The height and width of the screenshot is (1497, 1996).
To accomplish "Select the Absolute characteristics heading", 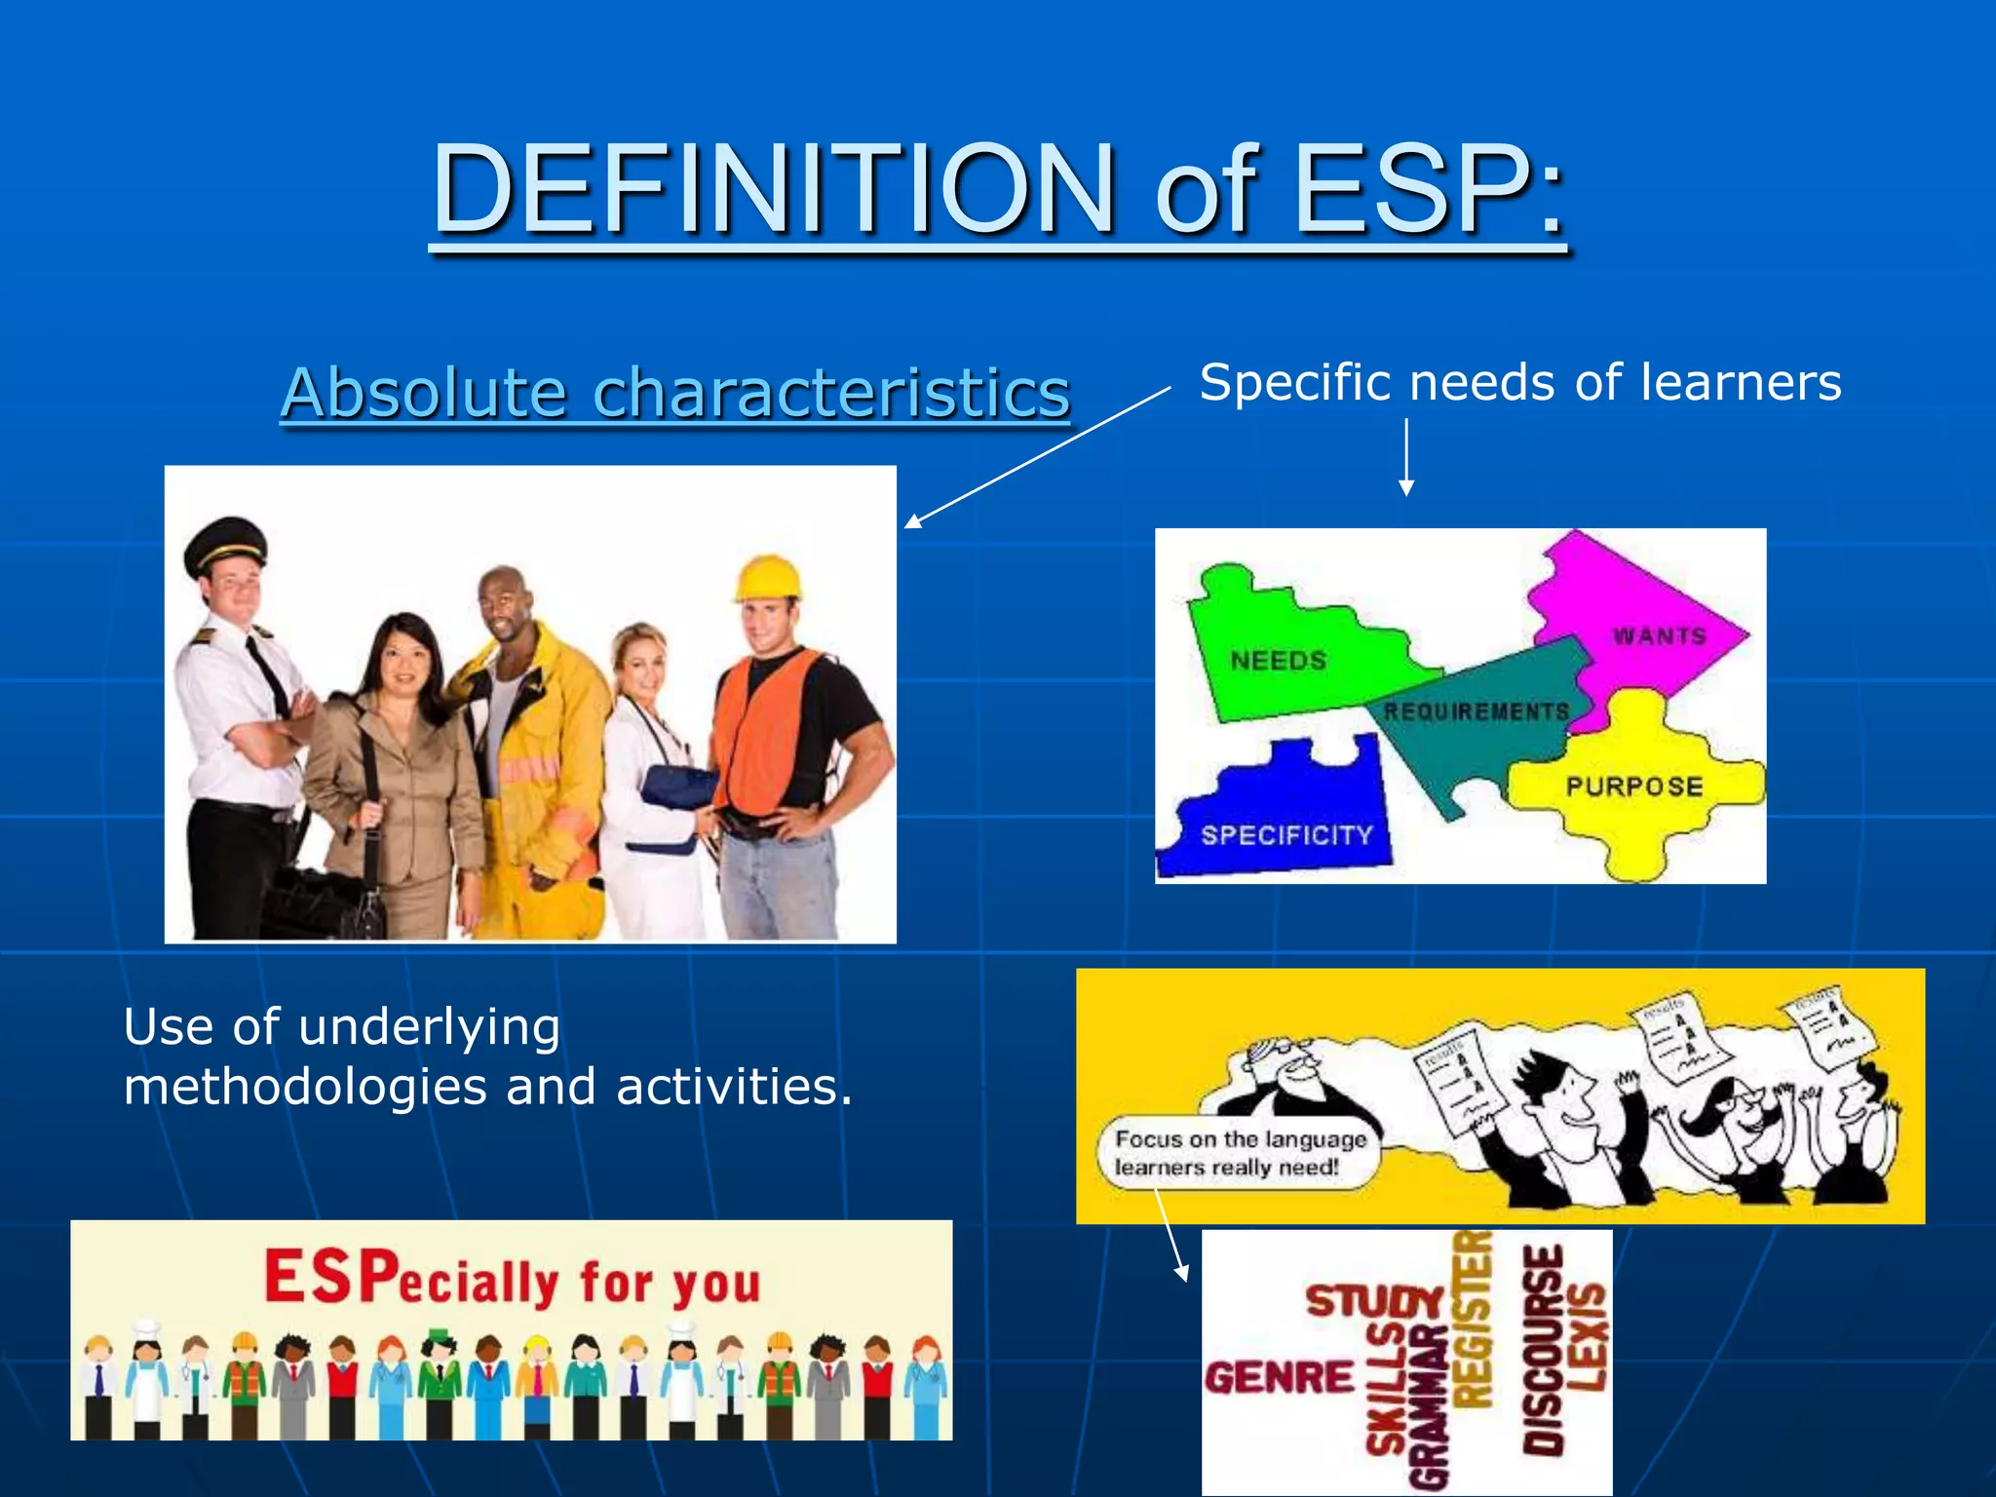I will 674,393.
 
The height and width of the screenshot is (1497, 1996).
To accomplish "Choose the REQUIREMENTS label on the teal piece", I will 1476,711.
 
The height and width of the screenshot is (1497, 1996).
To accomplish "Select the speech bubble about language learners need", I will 1240,1153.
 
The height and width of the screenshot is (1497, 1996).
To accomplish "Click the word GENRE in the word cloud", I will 1280,1378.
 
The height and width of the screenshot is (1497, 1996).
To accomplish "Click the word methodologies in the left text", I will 305,1088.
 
